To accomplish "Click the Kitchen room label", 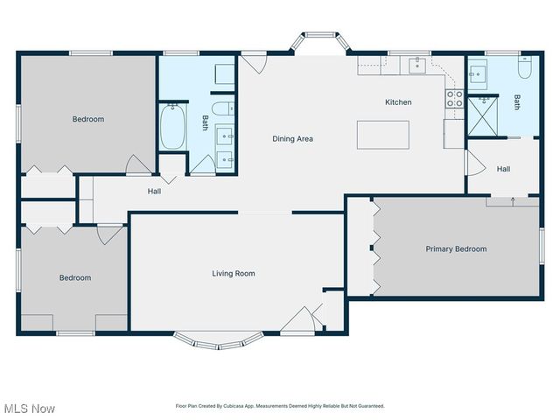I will [398, 102].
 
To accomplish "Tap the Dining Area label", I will [292, 138].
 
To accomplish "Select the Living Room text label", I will [233, 274].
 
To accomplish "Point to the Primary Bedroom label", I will [456, 249].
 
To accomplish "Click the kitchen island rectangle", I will [382, 135].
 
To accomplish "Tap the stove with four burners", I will [454, 98].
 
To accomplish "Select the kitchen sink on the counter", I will [418, 66].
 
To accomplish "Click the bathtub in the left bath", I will [171, 128].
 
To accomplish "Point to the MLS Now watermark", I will [30, 409].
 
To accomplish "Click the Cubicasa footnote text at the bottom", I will [280, 406].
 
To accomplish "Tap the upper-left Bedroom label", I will [87, 119].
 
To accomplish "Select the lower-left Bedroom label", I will [74, 278].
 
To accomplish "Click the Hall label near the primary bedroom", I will [504, 169].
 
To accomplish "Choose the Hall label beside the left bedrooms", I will [154, 191].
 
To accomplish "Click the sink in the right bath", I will [479, 74].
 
